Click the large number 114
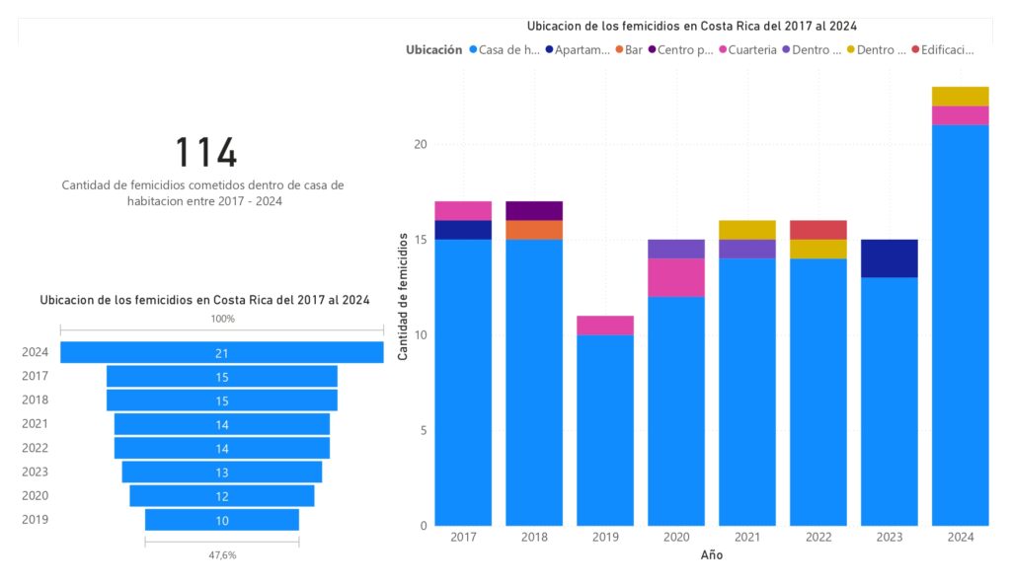206,153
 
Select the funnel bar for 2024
222,352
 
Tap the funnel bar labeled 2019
222,520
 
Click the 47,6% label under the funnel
222,555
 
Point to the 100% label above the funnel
222,319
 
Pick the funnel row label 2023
35,472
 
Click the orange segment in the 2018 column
534,230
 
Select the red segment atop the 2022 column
818,230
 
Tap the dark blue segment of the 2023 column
890,258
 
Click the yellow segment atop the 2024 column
961,96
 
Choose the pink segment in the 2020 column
676,277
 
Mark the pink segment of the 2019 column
605,326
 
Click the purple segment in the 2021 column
747,249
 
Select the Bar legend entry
629,49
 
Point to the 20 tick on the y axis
420,144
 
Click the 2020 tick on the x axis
676,538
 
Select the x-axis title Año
712,555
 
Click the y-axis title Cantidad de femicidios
403,296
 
